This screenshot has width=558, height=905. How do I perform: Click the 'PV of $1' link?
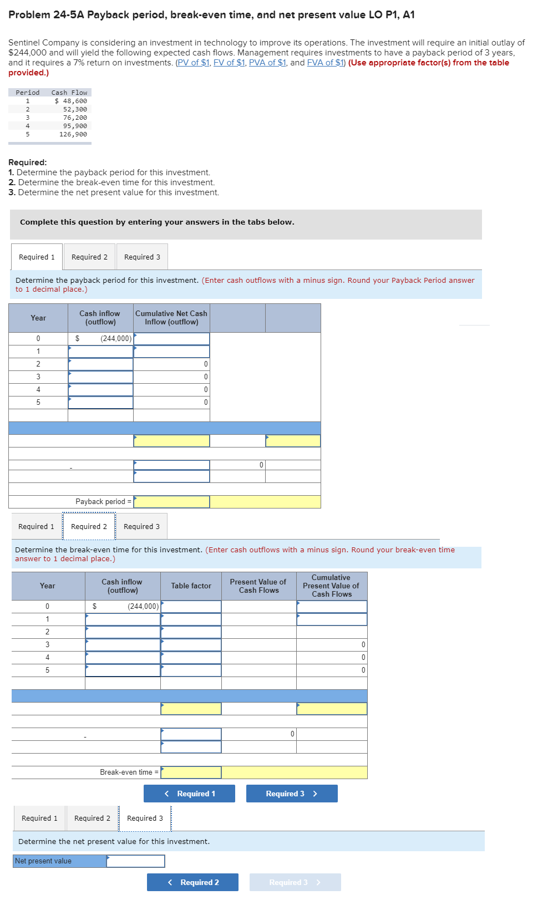(193, 63)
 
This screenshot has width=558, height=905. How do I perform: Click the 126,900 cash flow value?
(73, 134)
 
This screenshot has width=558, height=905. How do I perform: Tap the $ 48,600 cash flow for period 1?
(71, 101)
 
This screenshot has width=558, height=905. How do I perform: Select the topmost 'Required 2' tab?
(89, 257)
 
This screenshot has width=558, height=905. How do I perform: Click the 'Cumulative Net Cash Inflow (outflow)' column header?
(171, 318)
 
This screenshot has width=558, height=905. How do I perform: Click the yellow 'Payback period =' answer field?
(171, 502)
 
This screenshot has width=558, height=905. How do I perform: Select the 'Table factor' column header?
(191, 586)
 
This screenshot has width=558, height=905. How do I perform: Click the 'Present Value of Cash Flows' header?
(258, 586)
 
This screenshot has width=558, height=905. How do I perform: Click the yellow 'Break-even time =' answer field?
(191, 772)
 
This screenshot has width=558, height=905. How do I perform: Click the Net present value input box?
(136, 861)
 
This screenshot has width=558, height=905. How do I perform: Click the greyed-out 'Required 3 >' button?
(295, 882)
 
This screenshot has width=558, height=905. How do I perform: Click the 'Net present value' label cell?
(60, 861)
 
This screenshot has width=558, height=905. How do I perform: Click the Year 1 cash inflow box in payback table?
(100, 352)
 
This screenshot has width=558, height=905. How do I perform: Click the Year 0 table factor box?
(191, 607)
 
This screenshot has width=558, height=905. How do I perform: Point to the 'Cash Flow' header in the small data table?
(69, 93)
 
